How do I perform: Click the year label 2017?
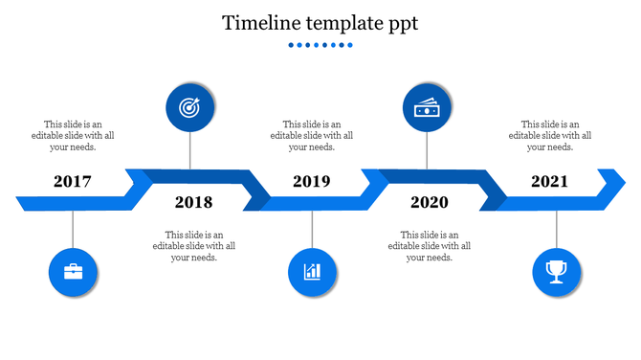tap(73, 181)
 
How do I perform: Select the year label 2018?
tap(193, 202)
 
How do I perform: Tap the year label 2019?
tap(312, 181)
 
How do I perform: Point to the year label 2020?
tap(429, 202)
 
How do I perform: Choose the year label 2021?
tap(549, 181)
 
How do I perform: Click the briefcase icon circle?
tap(73, 272)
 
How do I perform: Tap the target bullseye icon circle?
tap(190, 108)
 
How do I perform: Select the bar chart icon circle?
tap(312, 272)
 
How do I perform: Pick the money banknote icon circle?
tap(427, 108)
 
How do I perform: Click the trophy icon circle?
tap(556, 272)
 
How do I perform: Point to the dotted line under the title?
tap(320, 45)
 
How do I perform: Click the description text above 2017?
tap(73, 135)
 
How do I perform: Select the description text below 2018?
tap(193, 246)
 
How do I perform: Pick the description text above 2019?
tap(312, 135)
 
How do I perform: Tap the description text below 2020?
tap(429, 246)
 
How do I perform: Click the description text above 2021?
tap(549, 135)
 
